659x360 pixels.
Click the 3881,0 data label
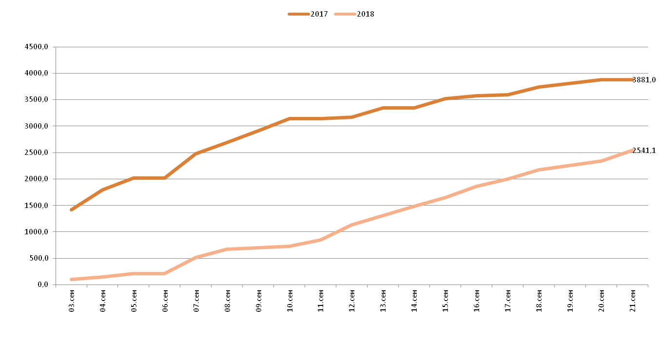click(644, 80)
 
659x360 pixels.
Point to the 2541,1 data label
click(644, 151)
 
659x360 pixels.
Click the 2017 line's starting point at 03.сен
click(72, 210)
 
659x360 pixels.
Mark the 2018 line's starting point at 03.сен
click(72, 279)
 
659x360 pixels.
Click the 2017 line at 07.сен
click(196, 153)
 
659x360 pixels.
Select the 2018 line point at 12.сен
click(352, 225)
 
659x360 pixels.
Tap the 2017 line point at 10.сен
click(290, 118)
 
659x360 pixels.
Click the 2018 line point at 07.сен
click(196, 257)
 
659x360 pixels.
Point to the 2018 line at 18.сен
click(539, 170)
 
